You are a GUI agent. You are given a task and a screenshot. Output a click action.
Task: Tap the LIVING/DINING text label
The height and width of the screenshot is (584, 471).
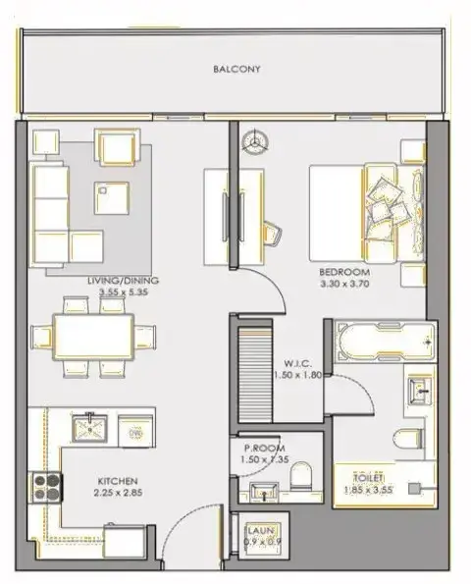coord(123,280)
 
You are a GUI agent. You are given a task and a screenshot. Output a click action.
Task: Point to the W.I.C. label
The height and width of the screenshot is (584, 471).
coord(298,360)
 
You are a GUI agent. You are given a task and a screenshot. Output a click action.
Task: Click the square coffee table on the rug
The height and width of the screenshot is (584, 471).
coord(110,198)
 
